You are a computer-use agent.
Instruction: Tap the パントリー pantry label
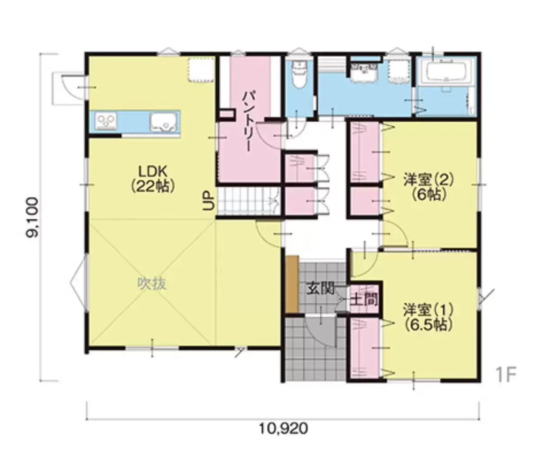pyautogui.click(x=248, y=121)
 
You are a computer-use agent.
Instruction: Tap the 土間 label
pyautogui.click(x=364, y=299)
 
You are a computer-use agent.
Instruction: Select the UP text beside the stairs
pyautogui.click(x=208, y=201)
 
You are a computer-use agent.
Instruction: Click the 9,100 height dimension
pyautogui.click(x=32, y=217)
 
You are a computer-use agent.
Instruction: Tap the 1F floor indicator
pyautogui.click(x=505, y=375)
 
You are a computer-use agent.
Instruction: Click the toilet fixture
pyautogui.click(x=299, y=75)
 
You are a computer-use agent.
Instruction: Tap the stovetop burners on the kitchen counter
pyautogui.click(x=106, y=121)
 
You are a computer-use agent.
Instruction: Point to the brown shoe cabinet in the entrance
pyautogui.click(x=292, y=284)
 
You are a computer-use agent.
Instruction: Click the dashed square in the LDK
pyautogui.click(x=201, y=70)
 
